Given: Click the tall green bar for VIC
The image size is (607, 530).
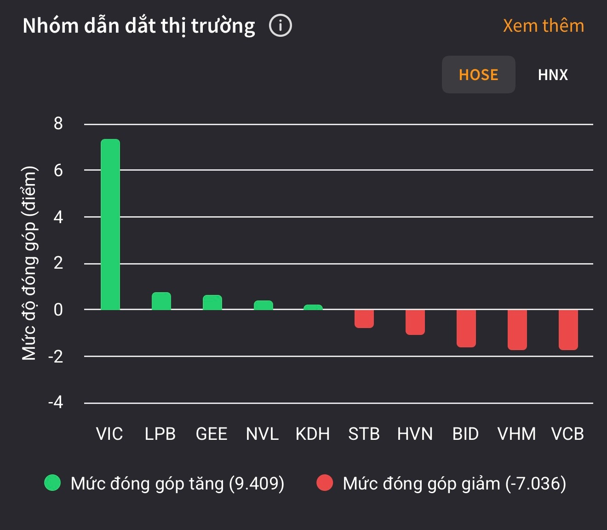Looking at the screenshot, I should [110, 225].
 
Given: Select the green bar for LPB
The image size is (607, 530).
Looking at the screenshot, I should [161, 301].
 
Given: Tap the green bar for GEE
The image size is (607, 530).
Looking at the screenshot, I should [212, 303].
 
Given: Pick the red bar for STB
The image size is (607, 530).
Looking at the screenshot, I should [364, 319].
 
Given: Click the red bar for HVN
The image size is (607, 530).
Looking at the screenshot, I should [415, 322].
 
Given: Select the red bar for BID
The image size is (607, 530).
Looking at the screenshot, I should [466, 328].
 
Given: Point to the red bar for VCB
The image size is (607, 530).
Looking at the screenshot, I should [568, 330].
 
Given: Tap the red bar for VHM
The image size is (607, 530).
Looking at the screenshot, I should [517, 330].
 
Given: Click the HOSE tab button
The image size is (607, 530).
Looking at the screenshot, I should [478, 75].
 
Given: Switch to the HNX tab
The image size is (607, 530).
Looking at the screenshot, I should [553, 75].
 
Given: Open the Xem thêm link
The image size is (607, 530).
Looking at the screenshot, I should [543, 26].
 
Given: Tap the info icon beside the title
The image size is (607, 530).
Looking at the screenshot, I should [281, 26].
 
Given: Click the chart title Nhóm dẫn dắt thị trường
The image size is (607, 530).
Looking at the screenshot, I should [139, 26].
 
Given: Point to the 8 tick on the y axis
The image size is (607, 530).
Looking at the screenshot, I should [58, 123].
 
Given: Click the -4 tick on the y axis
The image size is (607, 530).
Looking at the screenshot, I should [56, 403].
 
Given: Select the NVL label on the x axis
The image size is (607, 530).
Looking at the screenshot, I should [262, 434].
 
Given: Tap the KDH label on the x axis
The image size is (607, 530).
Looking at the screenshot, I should [313, 434].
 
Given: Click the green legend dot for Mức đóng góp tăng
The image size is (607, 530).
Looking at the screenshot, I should [52, 483].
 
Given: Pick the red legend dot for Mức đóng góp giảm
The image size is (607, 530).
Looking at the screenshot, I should [325, 483].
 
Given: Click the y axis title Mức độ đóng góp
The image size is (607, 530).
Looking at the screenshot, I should [29, 263].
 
